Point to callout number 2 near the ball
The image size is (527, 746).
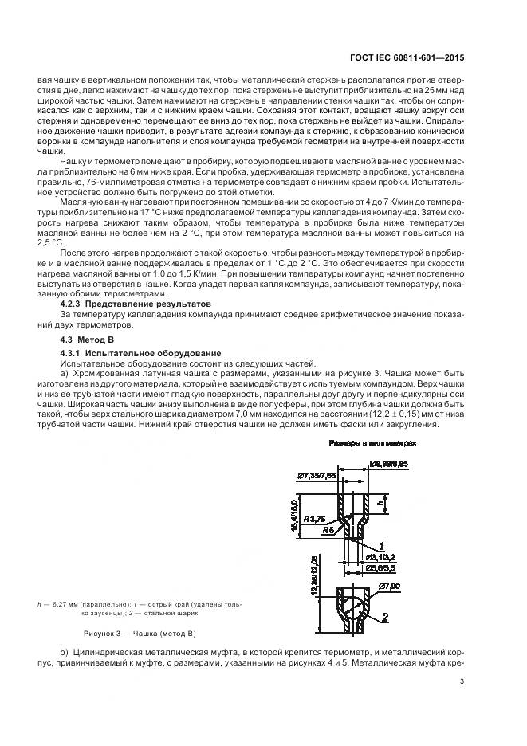384,615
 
